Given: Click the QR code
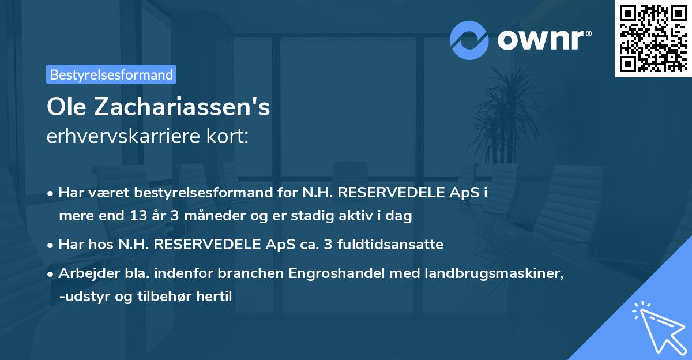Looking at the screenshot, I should click(653, 39).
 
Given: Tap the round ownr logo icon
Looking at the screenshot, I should click(469, 40).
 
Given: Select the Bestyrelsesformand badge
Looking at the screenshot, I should click(111, 74).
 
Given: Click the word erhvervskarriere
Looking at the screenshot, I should click(116, 136).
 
